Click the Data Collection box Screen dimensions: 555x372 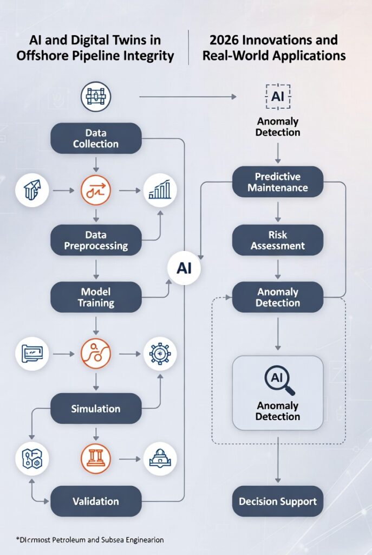pos(96,138)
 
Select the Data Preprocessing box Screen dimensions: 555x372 pos(96,240)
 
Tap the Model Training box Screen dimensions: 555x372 pos(96,297)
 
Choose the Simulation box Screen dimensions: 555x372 pos(96,409)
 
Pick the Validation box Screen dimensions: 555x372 pos(96,501)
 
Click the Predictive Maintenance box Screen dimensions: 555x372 pos(278,182)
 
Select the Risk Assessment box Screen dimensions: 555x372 pos(278,240)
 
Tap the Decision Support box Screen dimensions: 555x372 pos(278,501)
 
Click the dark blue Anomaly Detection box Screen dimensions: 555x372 pos(278,297)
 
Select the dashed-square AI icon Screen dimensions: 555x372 pos(278,97)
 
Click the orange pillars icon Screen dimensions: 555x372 pos(96,459)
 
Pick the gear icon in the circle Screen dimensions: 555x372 pos(160,354)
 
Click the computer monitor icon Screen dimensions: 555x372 pos(32,354)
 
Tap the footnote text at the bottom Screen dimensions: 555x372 pos(89,540)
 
